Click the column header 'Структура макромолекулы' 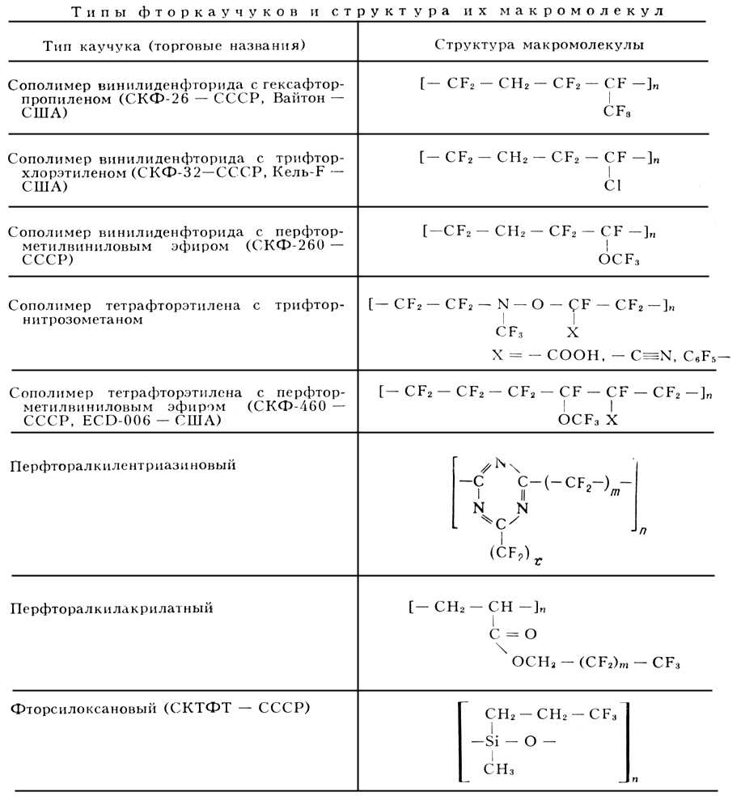[539, 44]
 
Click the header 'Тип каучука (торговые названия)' [174, 45]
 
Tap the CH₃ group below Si [500, 769]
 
